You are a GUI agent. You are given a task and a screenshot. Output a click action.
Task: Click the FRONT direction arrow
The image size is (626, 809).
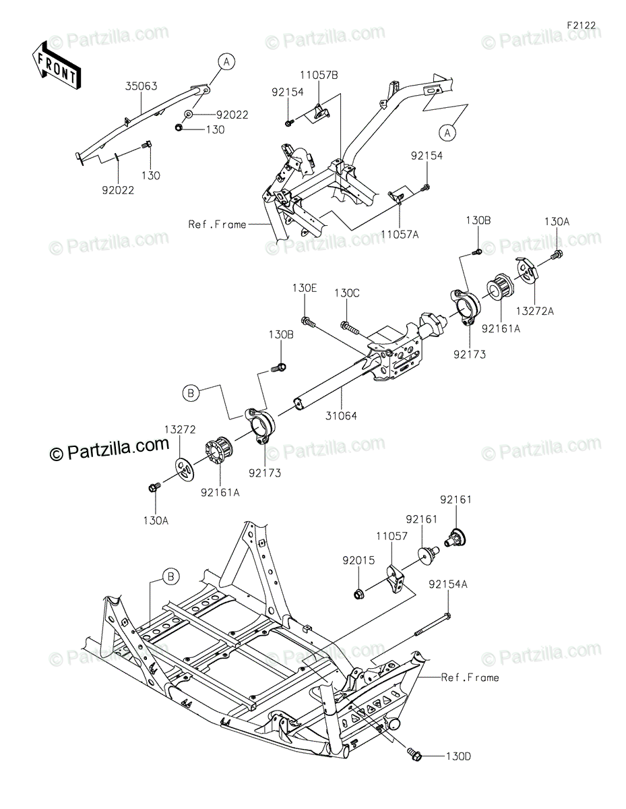[55, 65]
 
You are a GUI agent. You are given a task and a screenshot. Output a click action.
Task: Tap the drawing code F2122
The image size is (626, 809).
[582, 26]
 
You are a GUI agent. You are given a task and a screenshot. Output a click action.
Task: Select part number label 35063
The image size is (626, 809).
[141, 86]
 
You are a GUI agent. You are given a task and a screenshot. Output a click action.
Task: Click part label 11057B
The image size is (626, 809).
[319, 75]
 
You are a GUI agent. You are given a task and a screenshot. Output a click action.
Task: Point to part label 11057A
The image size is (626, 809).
[400, 234]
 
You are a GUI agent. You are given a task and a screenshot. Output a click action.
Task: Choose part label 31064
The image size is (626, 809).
[341, 416]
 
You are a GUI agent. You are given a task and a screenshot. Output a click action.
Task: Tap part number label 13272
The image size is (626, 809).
[180, 429]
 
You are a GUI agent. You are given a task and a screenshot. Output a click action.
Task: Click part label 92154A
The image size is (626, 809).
[448, 585]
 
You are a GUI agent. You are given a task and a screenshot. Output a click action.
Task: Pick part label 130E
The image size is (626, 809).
[305, 288]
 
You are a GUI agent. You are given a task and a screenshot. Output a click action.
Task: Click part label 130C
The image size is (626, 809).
[346, 293]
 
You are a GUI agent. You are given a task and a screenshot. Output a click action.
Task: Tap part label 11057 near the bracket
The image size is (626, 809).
[392, 536]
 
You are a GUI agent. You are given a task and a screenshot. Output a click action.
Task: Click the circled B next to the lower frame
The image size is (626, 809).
[170, 576]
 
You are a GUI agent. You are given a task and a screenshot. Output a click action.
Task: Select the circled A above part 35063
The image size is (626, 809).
[227, 62]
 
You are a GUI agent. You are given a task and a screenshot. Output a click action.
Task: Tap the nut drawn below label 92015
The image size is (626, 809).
[358, 593]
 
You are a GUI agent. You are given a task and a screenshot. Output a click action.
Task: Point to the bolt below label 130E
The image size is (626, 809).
[309, 322]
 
